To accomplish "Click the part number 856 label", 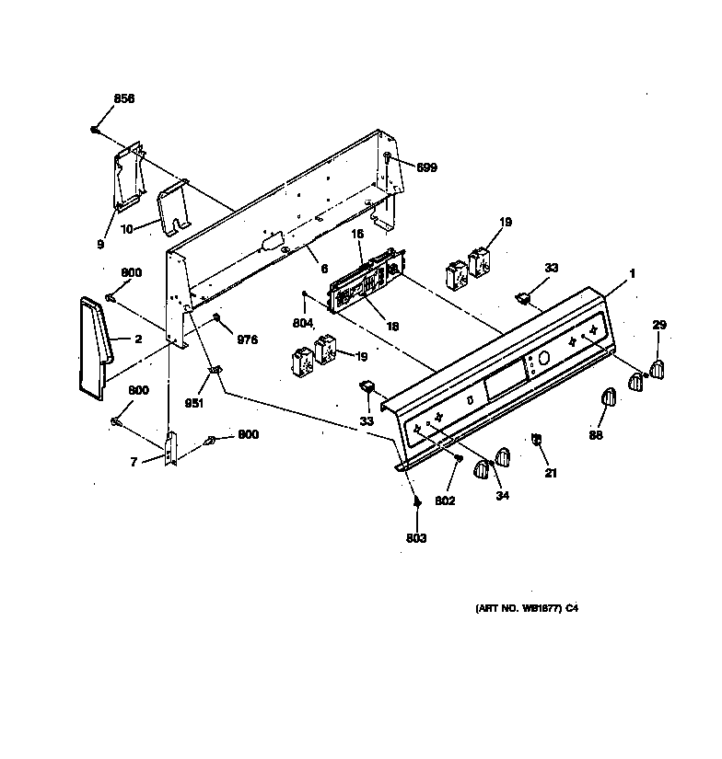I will point(123,98).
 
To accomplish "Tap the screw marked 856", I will point(95,130).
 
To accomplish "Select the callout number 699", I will point(425,167).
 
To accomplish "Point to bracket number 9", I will point(129,175).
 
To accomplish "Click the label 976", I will point(248,339).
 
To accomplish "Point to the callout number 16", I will point(358,236).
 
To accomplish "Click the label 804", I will point(303,323).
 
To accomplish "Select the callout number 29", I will point(659,325).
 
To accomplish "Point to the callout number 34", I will point(502,496).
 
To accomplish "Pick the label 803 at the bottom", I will point(416,538).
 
